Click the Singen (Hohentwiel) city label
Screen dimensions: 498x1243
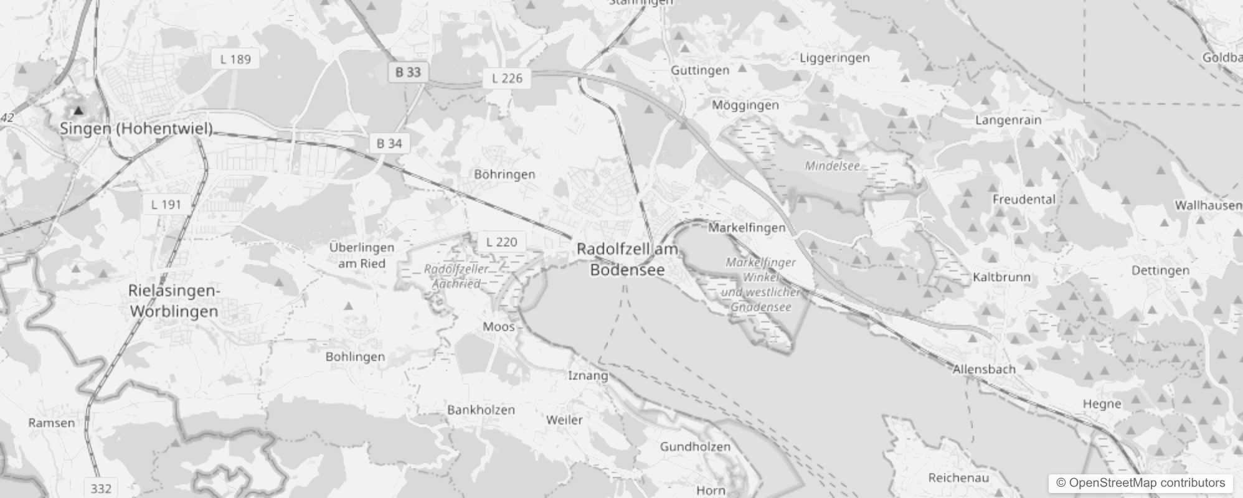click(136, 129)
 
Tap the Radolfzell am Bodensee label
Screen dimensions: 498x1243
click(627, 259)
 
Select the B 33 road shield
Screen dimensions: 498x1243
click(408, 72)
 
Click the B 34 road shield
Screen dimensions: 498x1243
click(389, 143)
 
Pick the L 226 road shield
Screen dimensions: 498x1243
click(507, 78)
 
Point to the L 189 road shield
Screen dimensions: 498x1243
click(235, 59)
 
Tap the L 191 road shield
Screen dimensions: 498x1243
click(166, 204)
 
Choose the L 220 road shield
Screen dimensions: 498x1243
click(501, 242)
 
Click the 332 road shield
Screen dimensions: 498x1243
click(101, 488)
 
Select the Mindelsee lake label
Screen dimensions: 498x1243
click(832, 166)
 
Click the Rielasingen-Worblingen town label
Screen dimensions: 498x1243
click(174, 301)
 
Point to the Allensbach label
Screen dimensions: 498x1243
click(984, 369)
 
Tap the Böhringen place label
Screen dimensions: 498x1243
click(504, 174)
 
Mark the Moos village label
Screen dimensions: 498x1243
click(499, 326)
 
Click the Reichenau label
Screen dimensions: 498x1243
click(958, 477)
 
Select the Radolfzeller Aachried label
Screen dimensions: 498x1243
click(456, 276)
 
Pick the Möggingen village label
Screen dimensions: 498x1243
click(745, 105)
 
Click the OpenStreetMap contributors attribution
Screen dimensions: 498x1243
click(1140, 482)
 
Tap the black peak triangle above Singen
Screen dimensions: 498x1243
click(78, 111)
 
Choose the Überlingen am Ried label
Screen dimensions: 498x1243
click(362, 255)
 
